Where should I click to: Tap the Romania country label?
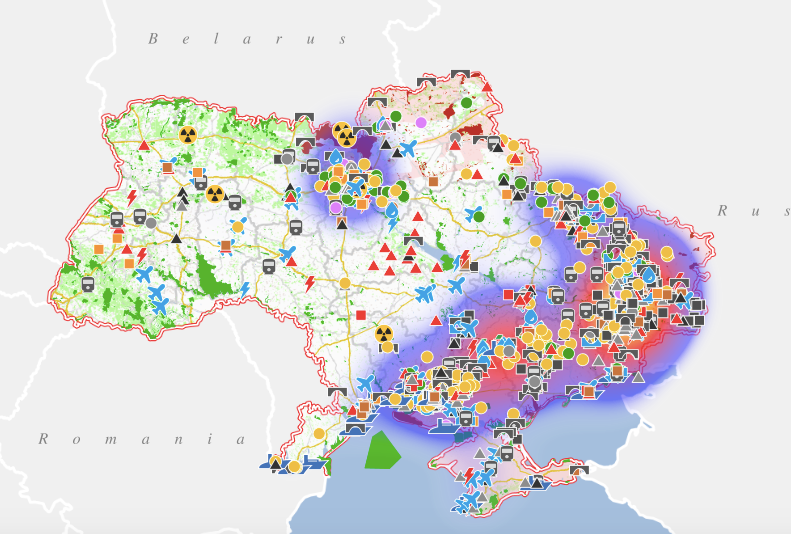tap(141, 439)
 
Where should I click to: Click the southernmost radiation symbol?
tap(384, 334)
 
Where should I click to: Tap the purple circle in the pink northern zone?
tap(421, 122)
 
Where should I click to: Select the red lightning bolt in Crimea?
tap(469, 474)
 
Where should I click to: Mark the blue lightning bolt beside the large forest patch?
tap(244, 289)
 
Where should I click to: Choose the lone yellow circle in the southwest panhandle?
tap(319, 434)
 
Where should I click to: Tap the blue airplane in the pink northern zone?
tap(407, 149)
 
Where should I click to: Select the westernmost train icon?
tap(89, 284)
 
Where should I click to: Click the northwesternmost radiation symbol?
tap(187, 134)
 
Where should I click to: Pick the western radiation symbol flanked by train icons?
tap(215, 193)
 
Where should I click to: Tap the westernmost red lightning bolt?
tap(132, 196)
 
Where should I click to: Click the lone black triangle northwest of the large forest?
tap(176, 239)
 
